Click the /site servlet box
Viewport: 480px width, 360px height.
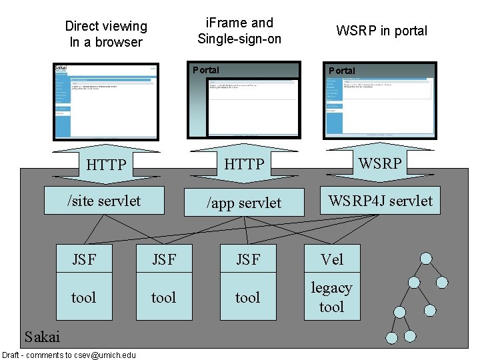click(x=104, y=201)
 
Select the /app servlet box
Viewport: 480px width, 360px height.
click(x=244, y=203)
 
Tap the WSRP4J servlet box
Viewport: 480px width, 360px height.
click(x=380, y=201)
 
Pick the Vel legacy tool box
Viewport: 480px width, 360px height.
click(x=331, y=283)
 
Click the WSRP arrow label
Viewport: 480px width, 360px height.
click(x=380, y=163)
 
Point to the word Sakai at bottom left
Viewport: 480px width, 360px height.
click(x=41, y=336)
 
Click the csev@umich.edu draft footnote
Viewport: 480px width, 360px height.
click(x=69, y=355)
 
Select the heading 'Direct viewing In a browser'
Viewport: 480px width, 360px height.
click(x=106, y=34)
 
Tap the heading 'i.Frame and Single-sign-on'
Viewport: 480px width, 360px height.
click(x=239, y=31)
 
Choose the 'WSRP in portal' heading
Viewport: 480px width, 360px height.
click(x=381, y=31)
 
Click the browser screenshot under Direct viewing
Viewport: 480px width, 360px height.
click(x=105, y=101)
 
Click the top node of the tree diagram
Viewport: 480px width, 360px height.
click(x=425, y=259)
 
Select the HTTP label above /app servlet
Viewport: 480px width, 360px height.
click(x=244, y=164)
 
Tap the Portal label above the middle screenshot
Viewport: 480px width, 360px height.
click(x=205, y=70)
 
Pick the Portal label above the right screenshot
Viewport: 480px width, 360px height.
click(x=342, y=71)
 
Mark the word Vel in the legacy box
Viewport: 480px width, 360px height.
click(x=331, y=259)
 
